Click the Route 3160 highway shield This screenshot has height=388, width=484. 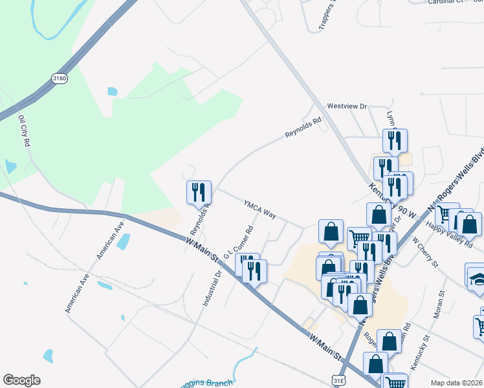60,78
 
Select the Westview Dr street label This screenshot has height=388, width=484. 347,105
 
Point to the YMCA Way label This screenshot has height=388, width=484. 260,209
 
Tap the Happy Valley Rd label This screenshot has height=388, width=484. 450,233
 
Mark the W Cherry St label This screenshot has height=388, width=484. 425,253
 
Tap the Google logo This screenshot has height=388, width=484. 21,380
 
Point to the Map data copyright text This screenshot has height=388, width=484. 456,383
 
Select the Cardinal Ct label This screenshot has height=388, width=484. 446,2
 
